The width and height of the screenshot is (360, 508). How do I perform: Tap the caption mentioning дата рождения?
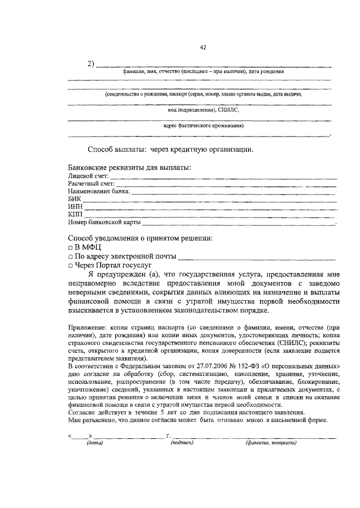(x=203, y=72)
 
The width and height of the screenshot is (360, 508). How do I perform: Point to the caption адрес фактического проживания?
(x=199, y=126)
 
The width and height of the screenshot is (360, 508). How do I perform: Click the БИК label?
(x=74, y=199)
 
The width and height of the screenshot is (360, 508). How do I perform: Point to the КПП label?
(x=75, y=215)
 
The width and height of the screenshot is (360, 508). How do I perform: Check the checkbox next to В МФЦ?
(x=70, y=247)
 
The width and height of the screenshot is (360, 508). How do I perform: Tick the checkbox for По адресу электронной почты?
(x=70, y=257)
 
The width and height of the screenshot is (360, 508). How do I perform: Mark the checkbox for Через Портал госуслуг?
(x=70, y=265)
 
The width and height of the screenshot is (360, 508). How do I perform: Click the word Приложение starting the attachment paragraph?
(x=85, y=328)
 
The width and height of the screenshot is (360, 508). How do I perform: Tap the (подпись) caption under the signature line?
(x=182, y=443)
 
